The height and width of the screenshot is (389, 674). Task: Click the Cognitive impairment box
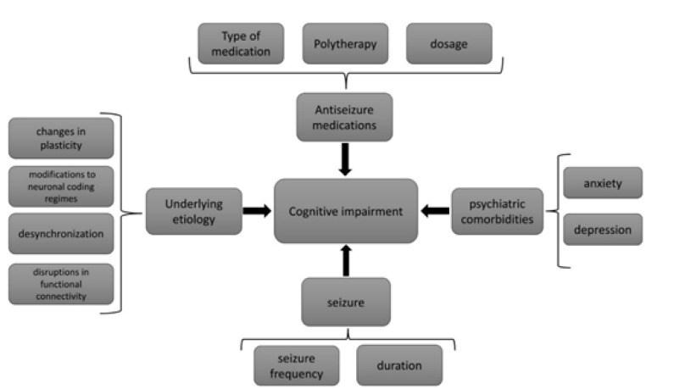(x=345, y=211)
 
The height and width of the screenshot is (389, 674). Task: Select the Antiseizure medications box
(x=345, y=117)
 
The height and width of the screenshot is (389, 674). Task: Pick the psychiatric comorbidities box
(x=496, y=211)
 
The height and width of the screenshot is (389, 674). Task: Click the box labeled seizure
(x=345, y=302)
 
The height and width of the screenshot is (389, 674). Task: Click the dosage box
(x=448, y=43)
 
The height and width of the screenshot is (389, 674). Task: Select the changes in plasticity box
(x=60, y=138)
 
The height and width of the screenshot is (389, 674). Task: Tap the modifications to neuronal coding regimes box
(x=60, y=186)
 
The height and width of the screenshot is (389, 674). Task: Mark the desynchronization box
(x=60, y=235)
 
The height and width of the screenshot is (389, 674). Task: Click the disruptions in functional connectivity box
(x=60, y=284)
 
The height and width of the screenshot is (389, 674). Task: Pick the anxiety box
(x=602, y=182)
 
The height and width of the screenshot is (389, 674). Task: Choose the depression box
(x=602, y=230)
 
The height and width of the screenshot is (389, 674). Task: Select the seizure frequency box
(x=296, y=365)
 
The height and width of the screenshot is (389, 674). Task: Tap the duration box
(x=398, y=365)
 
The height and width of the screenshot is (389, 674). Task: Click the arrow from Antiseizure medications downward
(x=345, y=158)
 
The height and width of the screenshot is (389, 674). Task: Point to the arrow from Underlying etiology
(x=254, y=211)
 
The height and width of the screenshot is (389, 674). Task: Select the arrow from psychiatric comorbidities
(x=436, y=211)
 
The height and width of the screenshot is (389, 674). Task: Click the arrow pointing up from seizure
(x=345, y=259)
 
